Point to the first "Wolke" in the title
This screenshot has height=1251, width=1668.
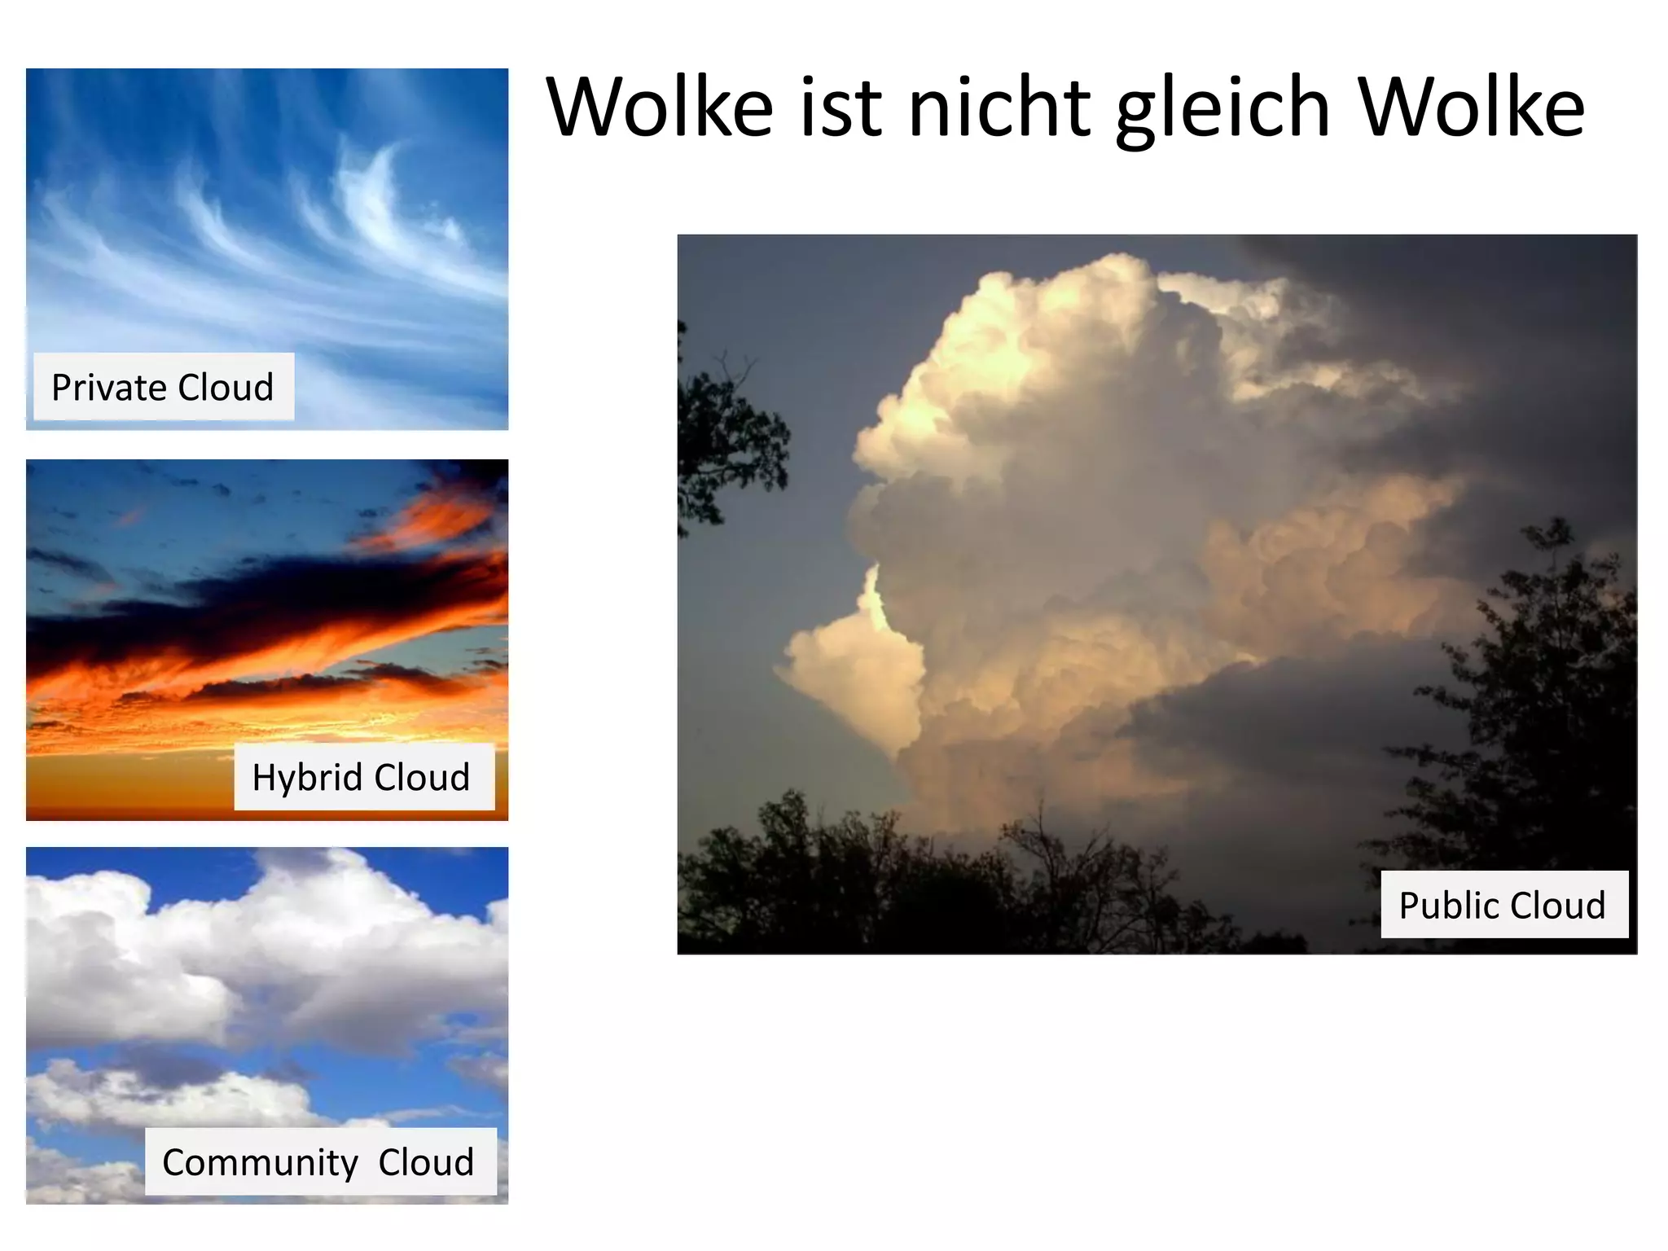point(660,108)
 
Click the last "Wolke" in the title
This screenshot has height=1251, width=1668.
point(1471,108)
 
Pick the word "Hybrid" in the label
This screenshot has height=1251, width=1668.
point(307,777)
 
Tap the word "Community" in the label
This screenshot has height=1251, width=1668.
point(260,1162)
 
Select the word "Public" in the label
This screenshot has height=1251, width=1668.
point(1448,906)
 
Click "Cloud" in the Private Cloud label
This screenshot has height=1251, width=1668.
point(226,388)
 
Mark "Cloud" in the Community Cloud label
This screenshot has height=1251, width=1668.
point(426,1162)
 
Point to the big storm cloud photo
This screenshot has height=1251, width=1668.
point(1140,529)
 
